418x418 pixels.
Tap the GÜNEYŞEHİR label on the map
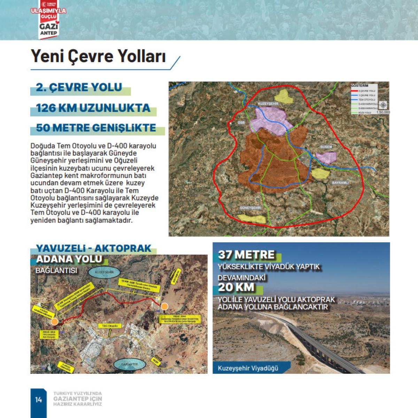tap(250, 208)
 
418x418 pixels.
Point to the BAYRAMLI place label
tap(340, 182)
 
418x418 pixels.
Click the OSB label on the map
tap(241, 123)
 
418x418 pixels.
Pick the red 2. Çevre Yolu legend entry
tap(362, 91)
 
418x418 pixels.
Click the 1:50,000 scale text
tap(383, 112)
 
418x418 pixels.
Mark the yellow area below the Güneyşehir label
tap(252, 218)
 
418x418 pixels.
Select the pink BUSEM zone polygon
tap(326, 157)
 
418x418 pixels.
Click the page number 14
tap(38, 400)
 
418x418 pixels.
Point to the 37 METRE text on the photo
tap(246, 255)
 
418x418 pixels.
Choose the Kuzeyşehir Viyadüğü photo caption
tap(248, 367)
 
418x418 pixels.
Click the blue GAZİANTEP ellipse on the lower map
tap(129, 364)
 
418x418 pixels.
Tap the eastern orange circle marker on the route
tap(165, 306)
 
